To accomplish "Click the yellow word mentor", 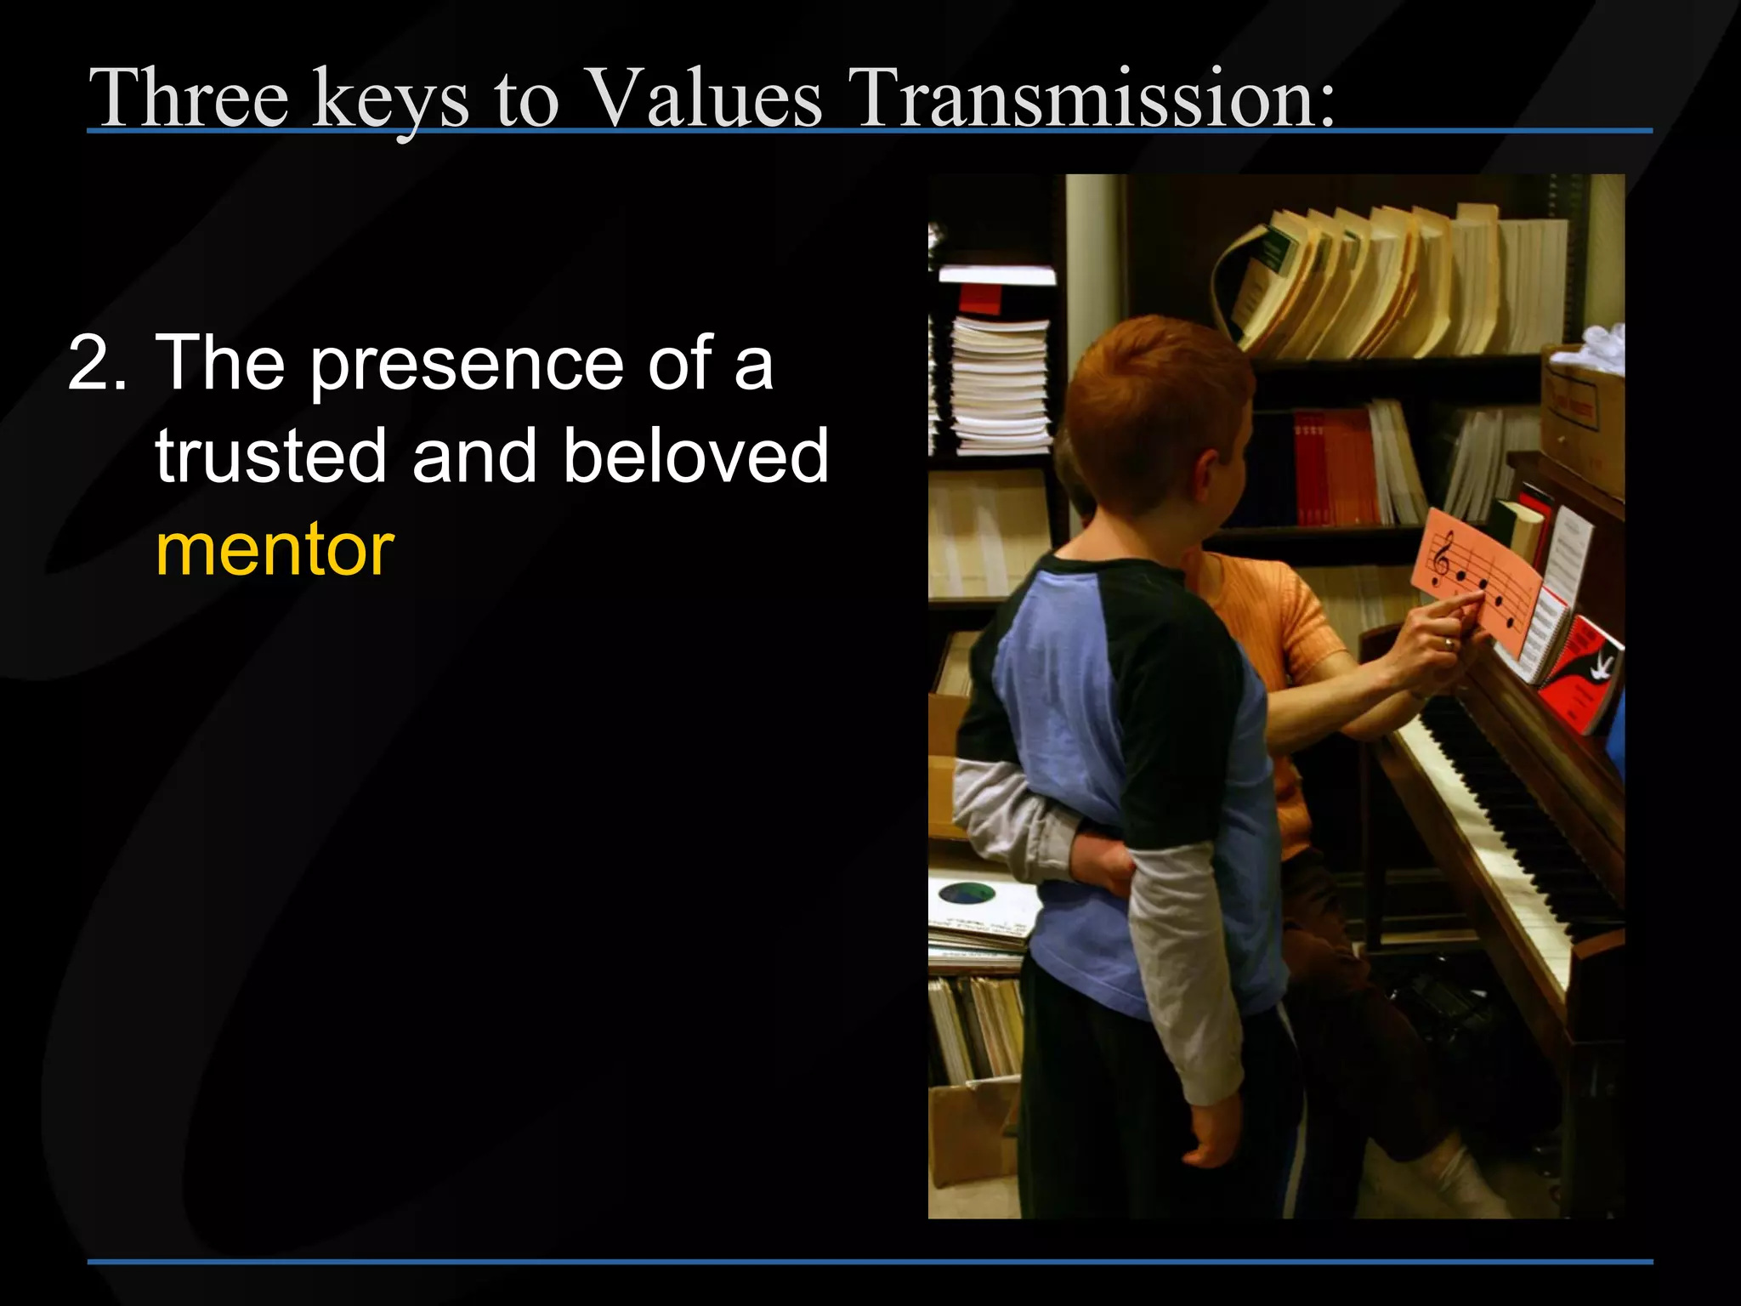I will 275,550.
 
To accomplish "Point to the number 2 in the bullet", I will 95,363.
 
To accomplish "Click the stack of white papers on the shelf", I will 999,383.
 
